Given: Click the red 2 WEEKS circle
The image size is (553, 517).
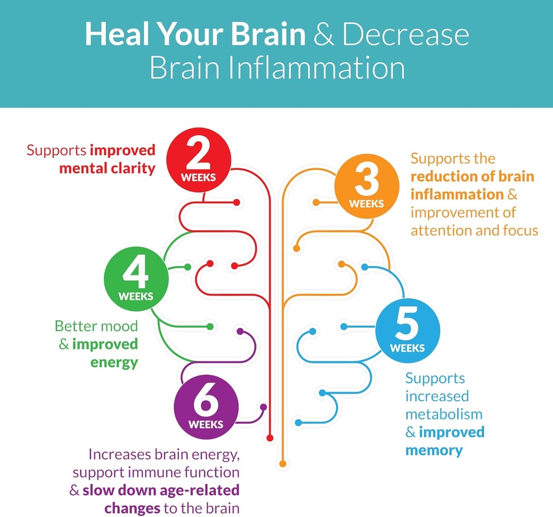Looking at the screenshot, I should click(199, 160).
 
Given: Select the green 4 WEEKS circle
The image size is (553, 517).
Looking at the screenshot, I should click(136, 279).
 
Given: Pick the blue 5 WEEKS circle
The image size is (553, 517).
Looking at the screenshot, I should click(407, 330).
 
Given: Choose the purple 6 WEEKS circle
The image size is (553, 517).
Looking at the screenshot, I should click(206, 407).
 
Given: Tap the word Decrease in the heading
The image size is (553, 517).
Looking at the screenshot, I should click(406, 34).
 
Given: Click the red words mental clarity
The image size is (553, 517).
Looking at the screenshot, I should click(107, 169).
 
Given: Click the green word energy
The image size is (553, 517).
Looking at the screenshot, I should click(114, 362).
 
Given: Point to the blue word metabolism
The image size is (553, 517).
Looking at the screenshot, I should click(443, 414).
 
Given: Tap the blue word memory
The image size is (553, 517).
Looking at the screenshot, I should click(434, 450).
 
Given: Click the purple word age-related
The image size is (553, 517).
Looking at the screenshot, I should click(196, 491).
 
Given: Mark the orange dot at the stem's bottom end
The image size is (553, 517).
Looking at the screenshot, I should click(282, 464).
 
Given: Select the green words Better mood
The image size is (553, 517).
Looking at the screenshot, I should click(96, 326).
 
